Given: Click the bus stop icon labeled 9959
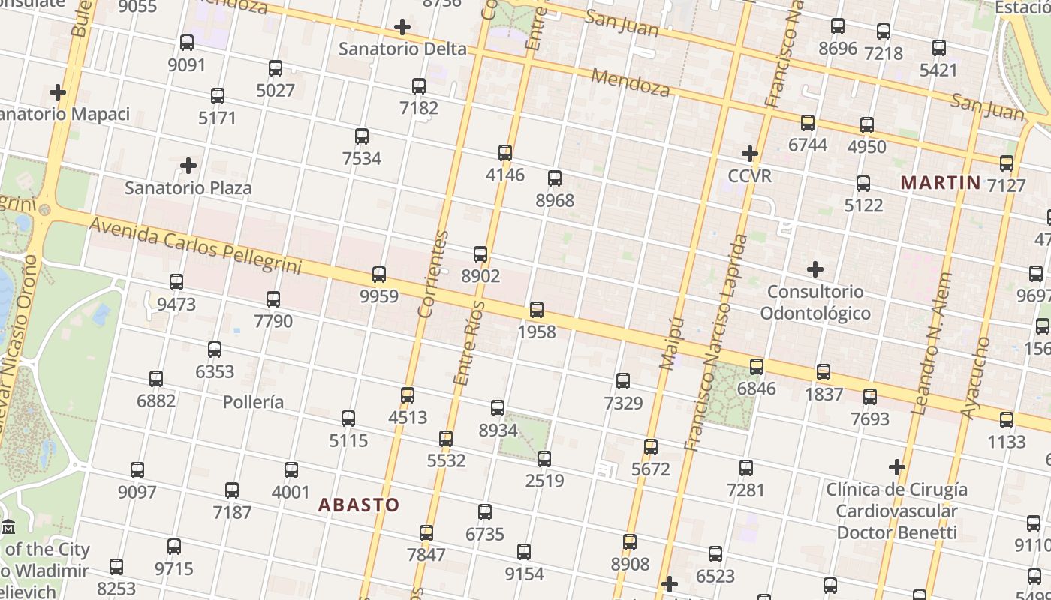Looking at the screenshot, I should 379,274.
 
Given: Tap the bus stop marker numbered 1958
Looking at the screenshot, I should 537,310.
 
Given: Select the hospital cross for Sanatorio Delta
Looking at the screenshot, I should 402,28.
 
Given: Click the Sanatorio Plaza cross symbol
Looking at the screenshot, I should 188,166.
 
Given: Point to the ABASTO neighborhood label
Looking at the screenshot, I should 359,505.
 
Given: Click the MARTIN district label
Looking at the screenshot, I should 941,182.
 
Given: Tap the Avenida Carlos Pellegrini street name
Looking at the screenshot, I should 195,244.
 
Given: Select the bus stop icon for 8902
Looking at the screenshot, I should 480,254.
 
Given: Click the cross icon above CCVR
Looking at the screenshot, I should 750,154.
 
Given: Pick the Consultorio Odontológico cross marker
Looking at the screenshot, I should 815,269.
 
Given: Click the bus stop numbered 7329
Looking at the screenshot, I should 623,381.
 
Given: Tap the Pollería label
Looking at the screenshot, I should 254,402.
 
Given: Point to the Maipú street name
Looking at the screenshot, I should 673,343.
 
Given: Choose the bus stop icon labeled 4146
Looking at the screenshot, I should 505,153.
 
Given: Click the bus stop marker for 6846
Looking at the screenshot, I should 757,367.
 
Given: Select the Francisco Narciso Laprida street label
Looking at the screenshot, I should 716,342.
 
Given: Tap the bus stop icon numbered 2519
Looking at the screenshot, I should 544,458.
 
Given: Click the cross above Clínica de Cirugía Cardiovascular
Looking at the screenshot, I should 897,468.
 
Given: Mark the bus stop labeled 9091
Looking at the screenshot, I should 187,43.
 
